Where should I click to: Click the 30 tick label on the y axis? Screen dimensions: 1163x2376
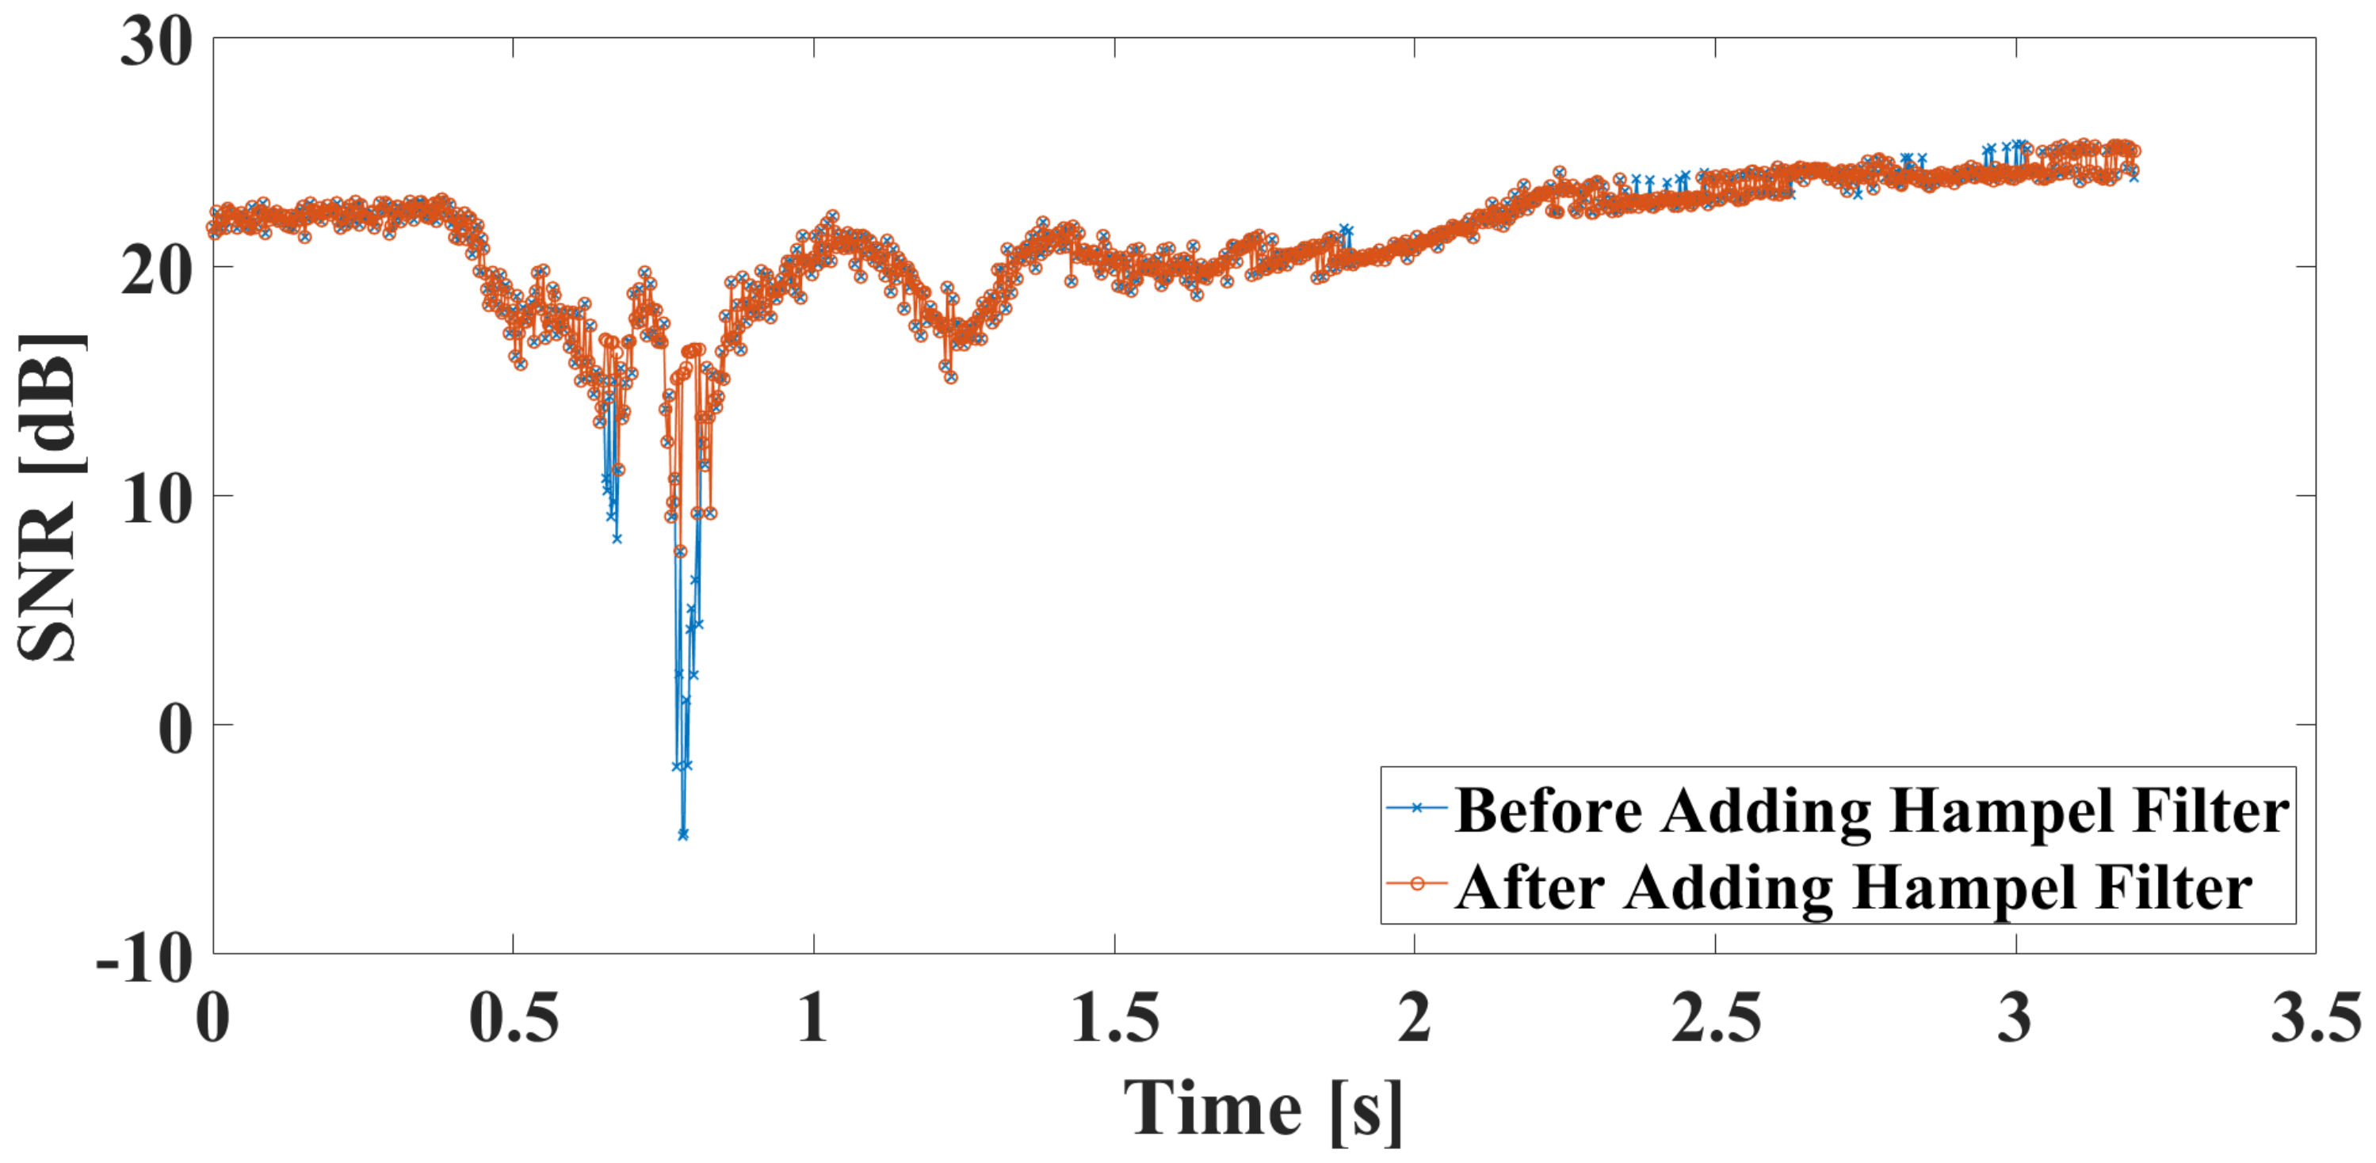point(156,41)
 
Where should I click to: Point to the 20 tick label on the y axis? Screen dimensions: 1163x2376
point(156,270)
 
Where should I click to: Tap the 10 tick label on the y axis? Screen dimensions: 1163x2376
point(156,499)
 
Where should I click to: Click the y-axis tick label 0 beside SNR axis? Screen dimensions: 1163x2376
point(175,729)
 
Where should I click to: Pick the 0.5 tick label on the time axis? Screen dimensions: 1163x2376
point(514,1019)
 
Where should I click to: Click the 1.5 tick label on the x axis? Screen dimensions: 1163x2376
point(1114,1019)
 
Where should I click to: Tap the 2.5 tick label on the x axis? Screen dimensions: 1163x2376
point(1716,1019)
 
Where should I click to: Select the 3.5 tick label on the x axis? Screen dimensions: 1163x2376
point(2315,1019)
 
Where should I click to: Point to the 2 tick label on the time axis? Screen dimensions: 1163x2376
point(1414,1019)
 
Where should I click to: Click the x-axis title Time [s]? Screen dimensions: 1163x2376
point(1262,1109)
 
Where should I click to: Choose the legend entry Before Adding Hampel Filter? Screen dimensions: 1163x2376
point(1871,810)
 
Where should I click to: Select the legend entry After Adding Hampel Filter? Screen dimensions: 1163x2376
point(1853,887)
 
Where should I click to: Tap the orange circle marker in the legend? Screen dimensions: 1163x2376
point(1417,883)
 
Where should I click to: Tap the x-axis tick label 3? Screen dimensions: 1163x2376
point(2015,1019)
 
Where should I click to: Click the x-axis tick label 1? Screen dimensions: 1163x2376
point(812,1019)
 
